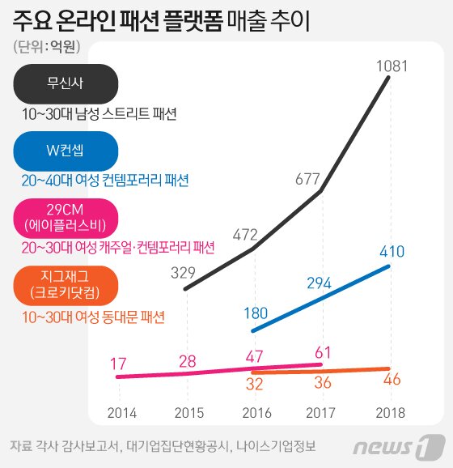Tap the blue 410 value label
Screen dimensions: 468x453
(392, 251)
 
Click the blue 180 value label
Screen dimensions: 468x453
(256, 313)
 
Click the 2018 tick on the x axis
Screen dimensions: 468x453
(391, 412)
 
